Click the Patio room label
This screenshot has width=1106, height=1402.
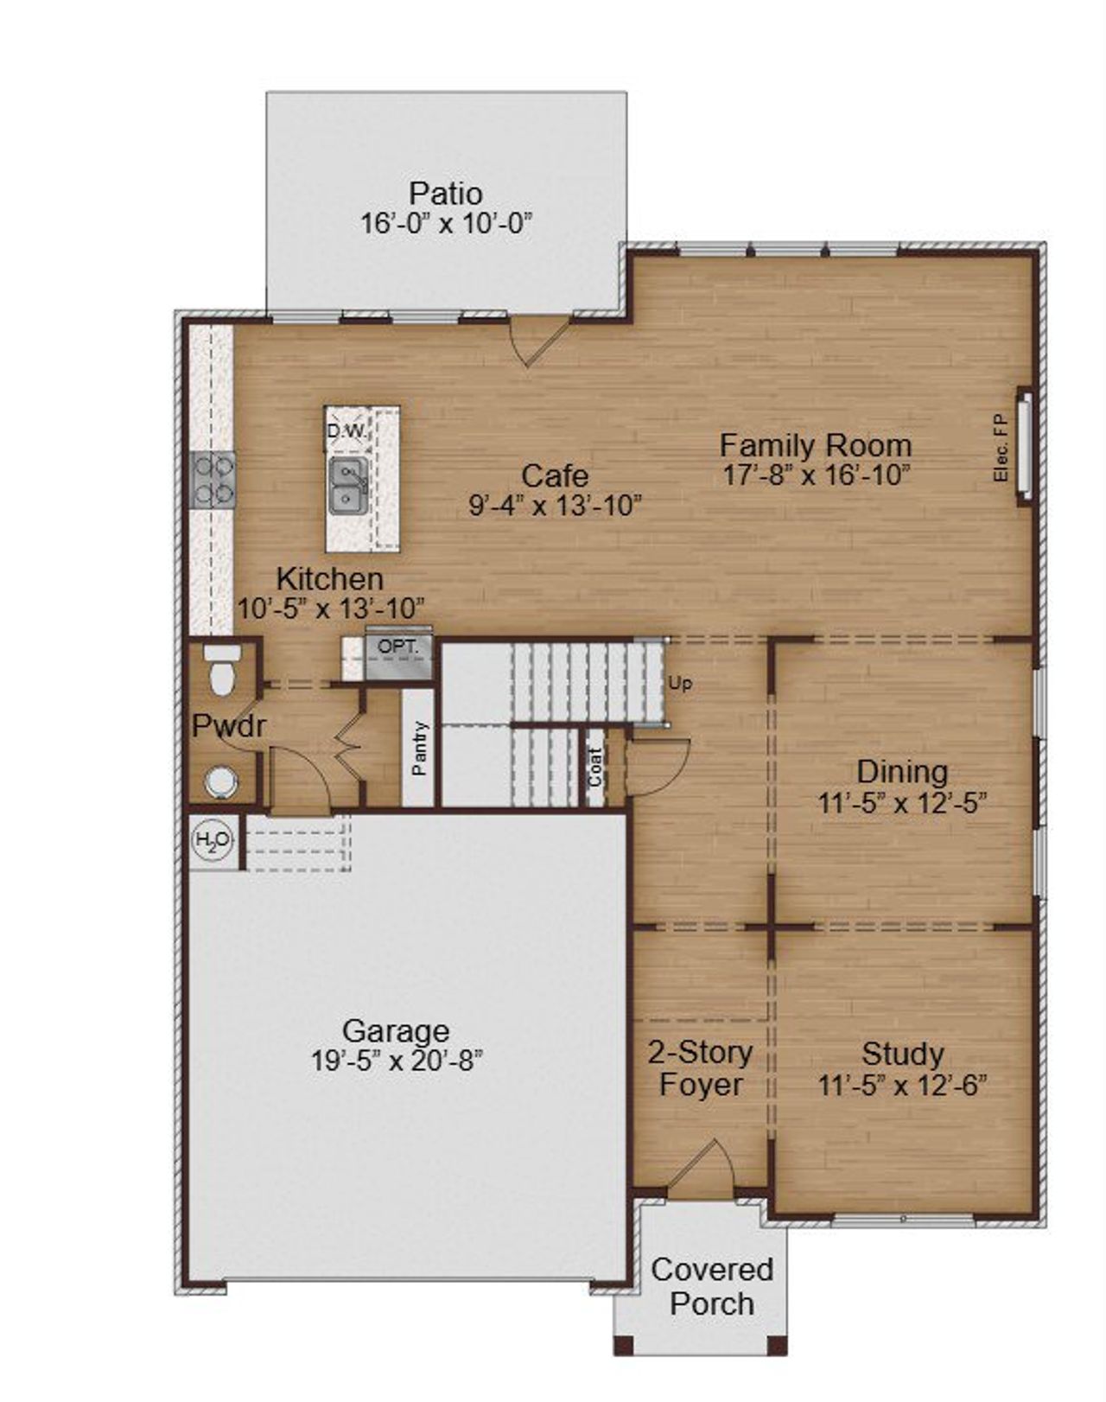tap(445, 193)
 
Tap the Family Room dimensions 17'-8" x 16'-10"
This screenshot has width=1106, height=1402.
tap(817, 475)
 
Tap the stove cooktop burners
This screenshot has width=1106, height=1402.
tap(213, 480)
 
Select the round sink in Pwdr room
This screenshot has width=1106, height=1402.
tap(220, 781)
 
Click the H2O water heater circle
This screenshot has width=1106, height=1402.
tap(212, 839)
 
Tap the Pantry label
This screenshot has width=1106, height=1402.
tap(419, 748)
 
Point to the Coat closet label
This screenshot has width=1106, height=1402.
tap(595, 767)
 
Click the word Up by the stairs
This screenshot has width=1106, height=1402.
tap(680, 684)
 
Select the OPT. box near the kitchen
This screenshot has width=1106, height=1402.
tap(397, 647)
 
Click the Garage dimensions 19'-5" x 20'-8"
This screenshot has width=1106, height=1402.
tap(397, 1061)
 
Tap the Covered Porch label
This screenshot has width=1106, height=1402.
tap(712, 1286)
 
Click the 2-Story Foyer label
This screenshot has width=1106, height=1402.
tap(700, 1068)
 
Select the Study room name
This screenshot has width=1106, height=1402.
tap(902, 1054)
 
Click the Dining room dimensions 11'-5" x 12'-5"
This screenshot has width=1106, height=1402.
tap(902, 804)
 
